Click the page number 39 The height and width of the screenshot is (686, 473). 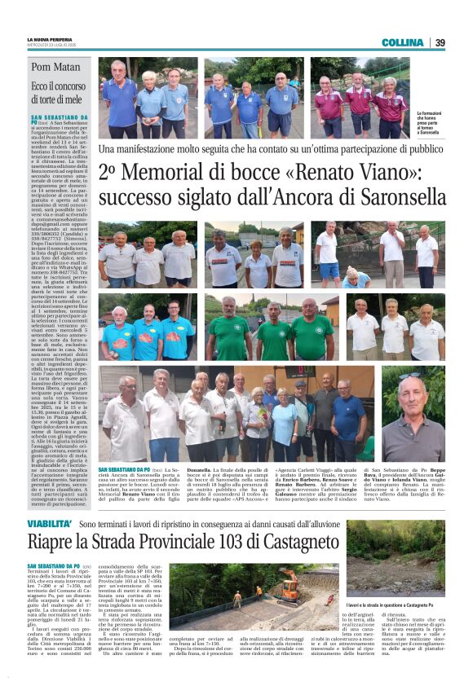pos(440,42)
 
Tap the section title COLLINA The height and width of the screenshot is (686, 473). pos(402,42)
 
